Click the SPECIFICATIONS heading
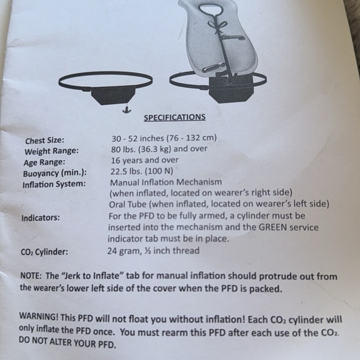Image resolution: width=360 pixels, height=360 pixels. pos(174,117)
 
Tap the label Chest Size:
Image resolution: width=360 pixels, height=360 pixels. pos(45,140)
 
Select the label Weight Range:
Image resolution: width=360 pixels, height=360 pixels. pos(52,151)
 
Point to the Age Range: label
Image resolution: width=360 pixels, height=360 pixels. pos(44,163)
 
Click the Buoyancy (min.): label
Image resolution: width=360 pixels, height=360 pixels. pos(55,173)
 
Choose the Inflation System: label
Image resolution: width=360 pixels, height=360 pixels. pos(54,184)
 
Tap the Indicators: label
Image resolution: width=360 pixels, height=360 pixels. pos(40,218)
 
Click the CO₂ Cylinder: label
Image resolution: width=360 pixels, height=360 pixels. pos(44,252)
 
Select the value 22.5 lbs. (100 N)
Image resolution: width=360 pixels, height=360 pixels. pos(142,171)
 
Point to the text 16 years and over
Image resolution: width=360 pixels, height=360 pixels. pos(145,160)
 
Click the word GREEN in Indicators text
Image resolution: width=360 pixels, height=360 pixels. pos(272,227)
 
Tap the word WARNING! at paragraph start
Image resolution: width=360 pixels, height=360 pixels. pos(39,317)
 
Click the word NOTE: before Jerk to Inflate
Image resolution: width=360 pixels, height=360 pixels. pos(31,276)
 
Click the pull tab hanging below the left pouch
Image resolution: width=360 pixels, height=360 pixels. pos(127,110)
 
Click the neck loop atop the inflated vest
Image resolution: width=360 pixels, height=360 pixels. pos(210,9)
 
